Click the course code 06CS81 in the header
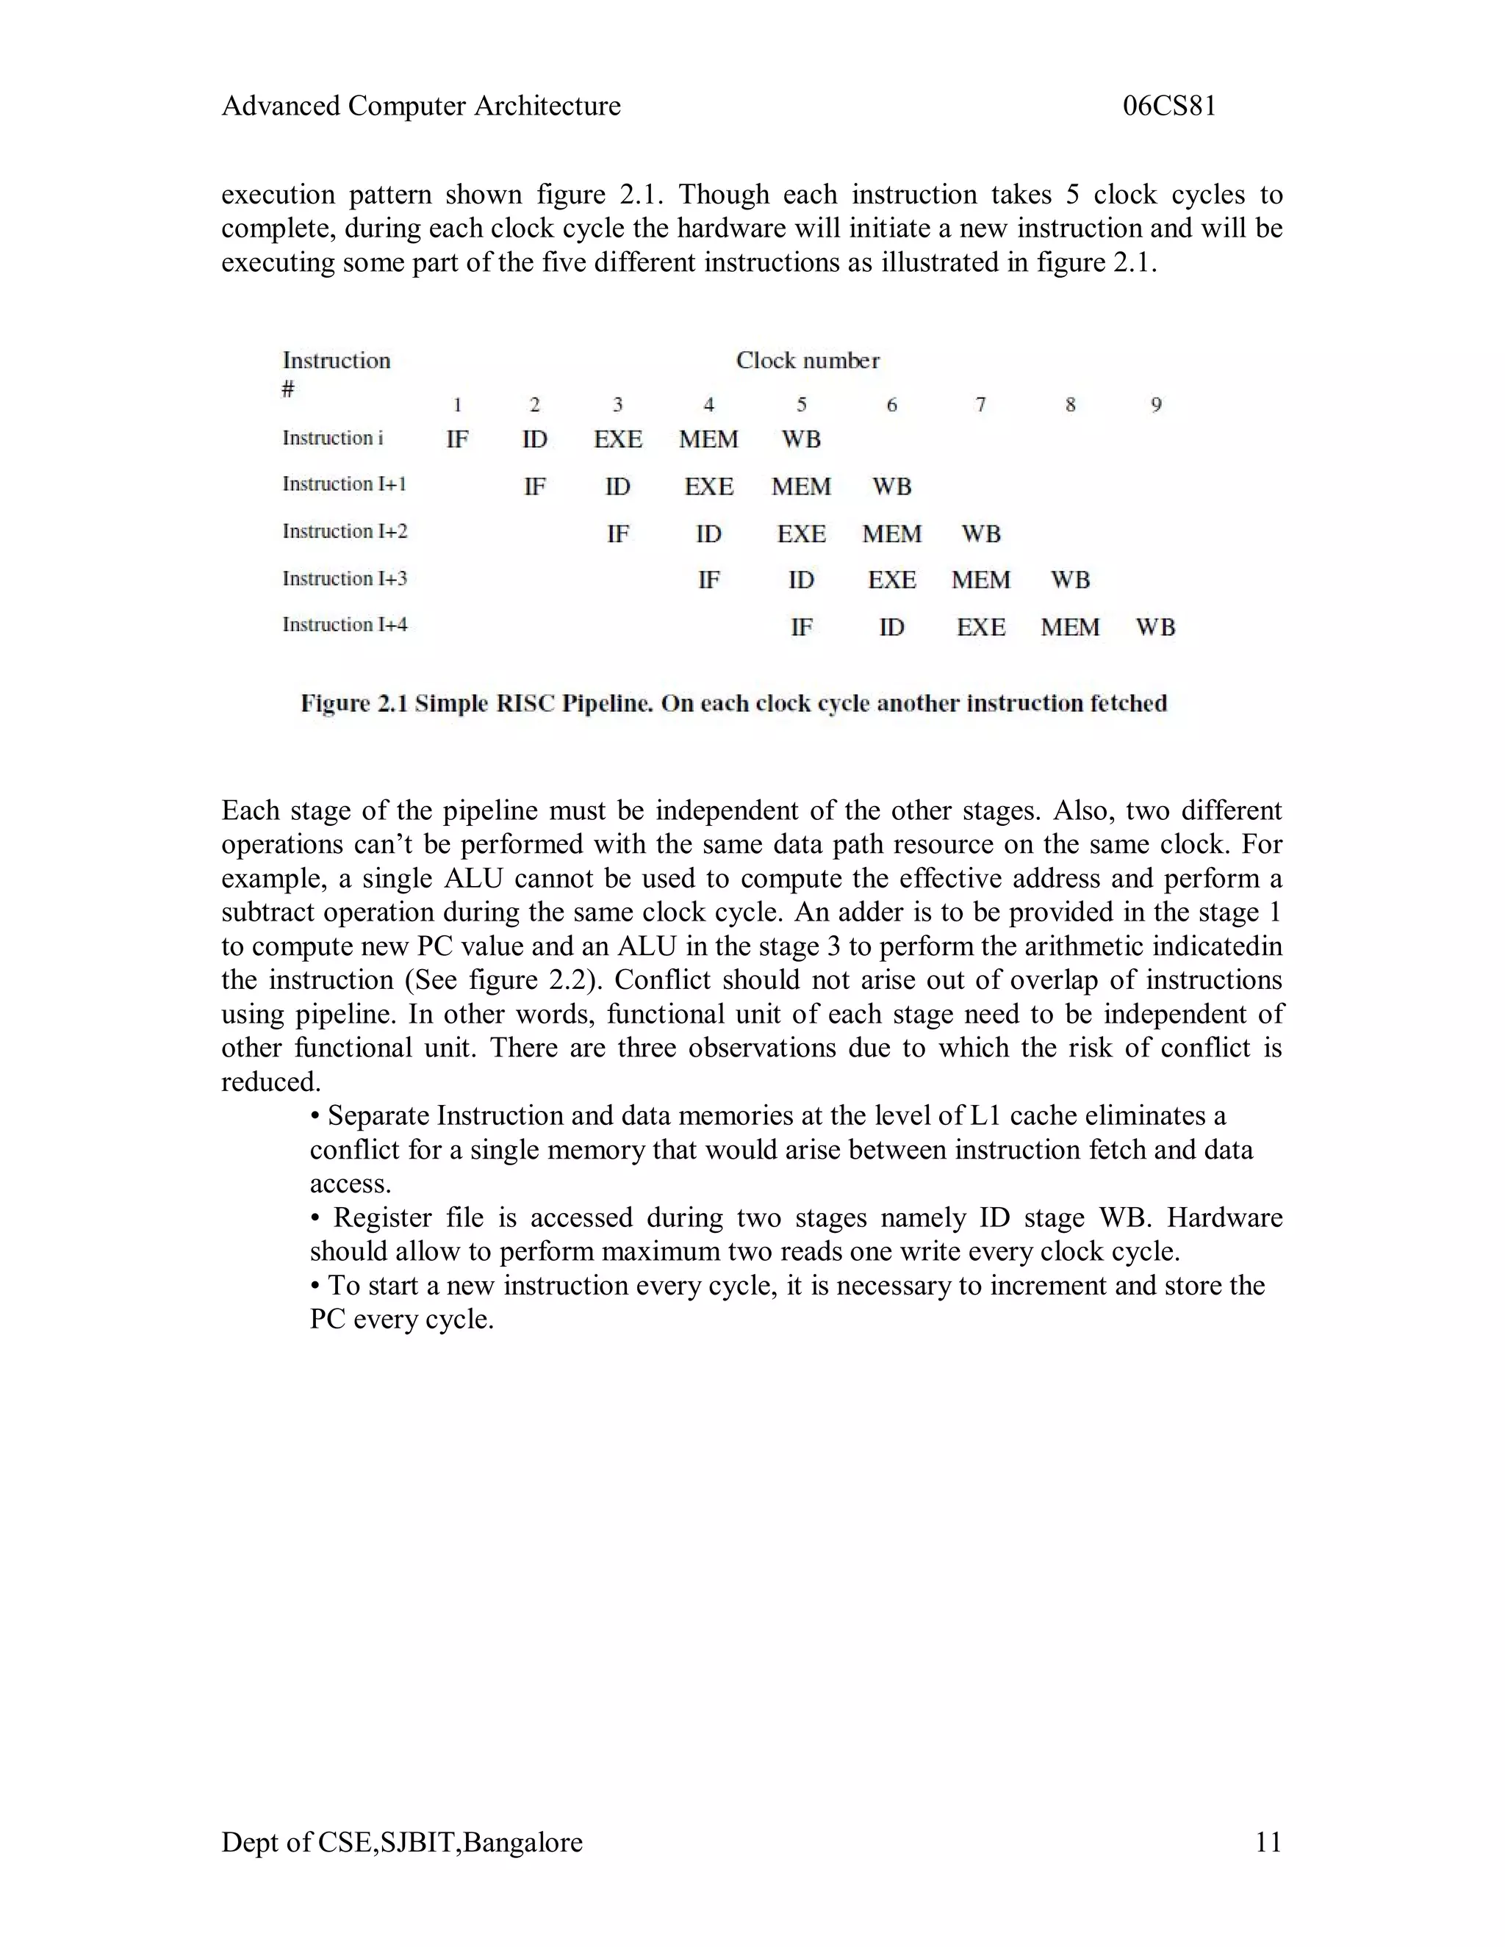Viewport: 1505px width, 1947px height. pyautogui.click(x=1169, y=106)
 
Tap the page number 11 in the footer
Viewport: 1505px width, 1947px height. pyautogui.click(x=1268, y=1842)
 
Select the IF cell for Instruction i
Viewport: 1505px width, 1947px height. pyautogui.click(x=457, y=439)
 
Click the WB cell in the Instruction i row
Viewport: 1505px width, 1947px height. pyautogui.click(x=801, y=439)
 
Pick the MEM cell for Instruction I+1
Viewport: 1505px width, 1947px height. pyautogui.click(x=801, y=486)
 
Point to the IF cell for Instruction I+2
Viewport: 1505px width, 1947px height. pyautogui.click(x=618, y=534)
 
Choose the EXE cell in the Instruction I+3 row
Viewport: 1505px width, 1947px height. pyautogui.click(x=891, y=580)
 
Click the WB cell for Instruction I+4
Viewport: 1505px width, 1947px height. pyautogui.click(x=1155, y=627)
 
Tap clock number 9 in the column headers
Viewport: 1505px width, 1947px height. pyautogui.click(x=1155, y=406)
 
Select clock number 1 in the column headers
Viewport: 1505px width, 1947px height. pyautogui.click(x=457, y=406)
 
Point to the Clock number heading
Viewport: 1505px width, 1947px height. pyautogui.click(x=807, y=361)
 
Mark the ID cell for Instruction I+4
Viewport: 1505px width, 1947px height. pyautogui.click(x=891, y=627)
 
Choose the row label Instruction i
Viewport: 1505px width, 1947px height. pyautogui.click(x=333, y=439)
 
